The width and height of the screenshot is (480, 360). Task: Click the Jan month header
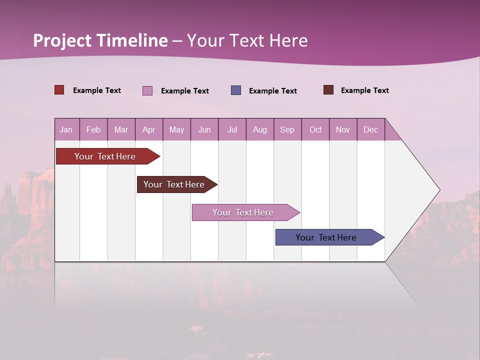66,129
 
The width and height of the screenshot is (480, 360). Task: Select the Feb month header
93,129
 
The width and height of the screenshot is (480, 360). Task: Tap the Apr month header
148,129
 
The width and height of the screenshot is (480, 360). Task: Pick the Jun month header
204,129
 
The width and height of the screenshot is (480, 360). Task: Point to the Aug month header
259,129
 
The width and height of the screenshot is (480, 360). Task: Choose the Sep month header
287,129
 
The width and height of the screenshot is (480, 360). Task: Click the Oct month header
315,129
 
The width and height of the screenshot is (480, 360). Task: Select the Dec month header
370,129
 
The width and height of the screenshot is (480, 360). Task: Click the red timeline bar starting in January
105,156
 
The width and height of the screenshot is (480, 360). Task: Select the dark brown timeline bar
174,184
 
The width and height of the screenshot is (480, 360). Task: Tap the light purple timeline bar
243,212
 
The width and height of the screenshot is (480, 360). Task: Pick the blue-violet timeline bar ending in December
326,237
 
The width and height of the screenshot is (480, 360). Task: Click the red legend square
59,90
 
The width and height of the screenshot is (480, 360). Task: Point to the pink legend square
147,90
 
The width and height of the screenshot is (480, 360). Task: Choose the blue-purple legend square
236,90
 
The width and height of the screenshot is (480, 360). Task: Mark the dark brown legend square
328,90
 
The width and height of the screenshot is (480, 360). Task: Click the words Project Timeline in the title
100,40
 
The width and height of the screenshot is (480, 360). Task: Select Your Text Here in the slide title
247,40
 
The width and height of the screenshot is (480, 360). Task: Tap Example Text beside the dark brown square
364,90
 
